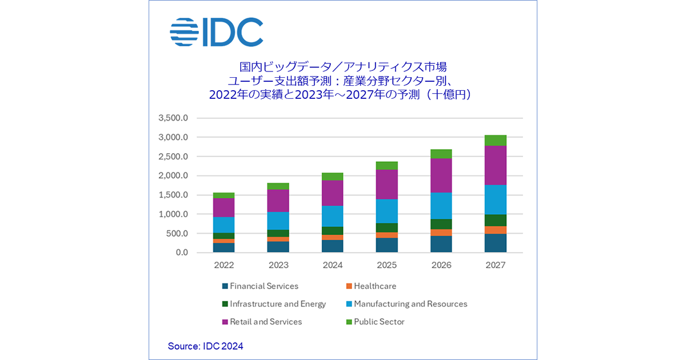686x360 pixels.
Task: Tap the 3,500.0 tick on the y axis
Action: pyautogui.click(x=173, y=118)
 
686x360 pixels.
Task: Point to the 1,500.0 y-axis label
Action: pyautogui.click(x=173, y=195)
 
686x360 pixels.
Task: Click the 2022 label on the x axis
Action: pyautogui.click(x=224, y=266)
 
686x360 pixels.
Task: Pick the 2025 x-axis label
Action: pyautogui.click(x=387, y=266)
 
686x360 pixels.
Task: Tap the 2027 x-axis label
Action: pyautogui.click(x=496, y=266)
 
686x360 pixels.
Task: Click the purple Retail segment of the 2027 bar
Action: pyautogui.click(x=496, y=165)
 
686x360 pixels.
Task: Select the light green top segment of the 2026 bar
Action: pyautogui.click(x=441, y=154)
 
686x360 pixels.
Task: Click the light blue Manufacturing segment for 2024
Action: pyautogui.click(x=333, y=216)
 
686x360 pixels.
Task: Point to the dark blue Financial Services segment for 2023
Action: pyautogui.click(x=278, y=247)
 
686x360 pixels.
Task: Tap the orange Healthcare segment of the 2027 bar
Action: pyautogui.click(x=496, y=230)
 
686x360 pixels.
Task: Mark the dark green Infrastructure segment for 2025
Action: pyautogui.click(x=387, y=227)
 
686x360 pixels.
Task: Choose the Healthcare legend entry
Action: pyautogui.click(x=371, y=286)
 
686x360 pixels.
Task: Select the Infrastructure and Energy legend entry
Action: pyautogui.click(x=274, y=304)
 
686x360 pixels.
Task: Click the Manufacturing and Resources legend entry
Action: pyautogui.click(x=406, y=304)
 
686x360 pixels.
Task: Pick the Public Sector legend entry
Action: pyautogui.click(x=375, y=322)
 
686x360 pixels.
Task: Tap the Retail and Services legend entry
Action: pyautogui.click(x=262, y=322)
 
